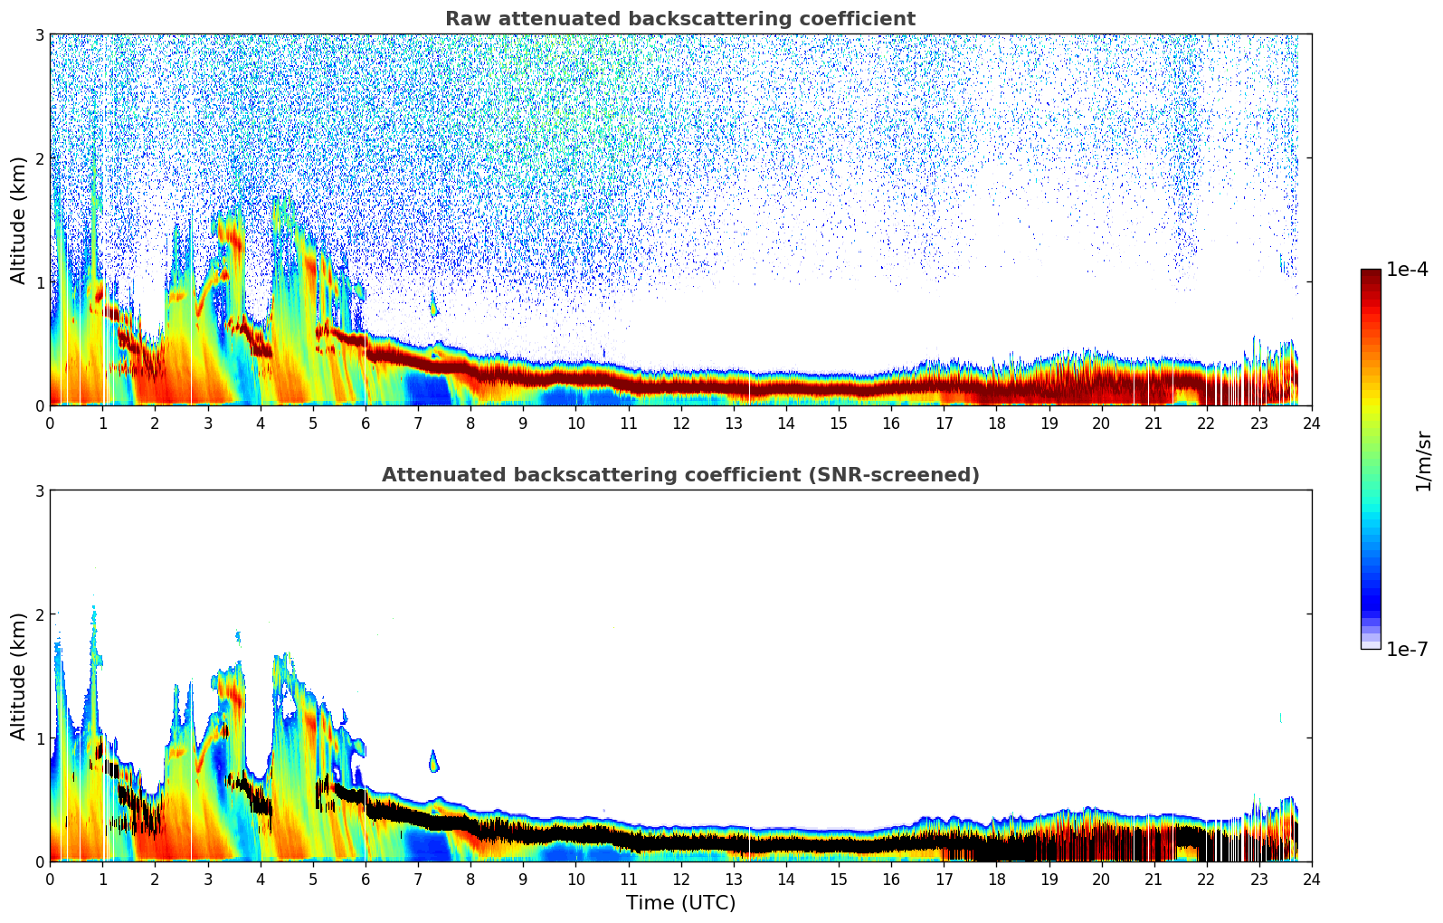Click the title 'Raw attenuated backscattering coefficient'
679,19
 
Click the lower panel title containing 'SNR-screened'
679,475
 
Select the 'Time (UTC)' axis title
680,903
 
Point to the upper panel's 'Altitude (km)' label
19,220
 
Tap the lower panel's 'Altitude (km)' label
19,676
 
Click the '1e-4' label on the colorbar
1407,270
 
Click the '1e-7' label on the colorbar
1407,649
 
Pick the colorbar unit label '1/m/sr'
1423,461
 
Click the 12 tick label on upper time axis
680,423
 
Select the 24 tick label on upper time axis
1311,423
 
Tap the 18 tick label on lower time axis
996,880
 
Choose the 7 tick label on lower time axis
417,880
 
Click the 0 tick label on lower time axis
50,880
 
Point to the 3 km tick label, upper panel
39,34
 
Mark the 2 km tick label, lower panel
39,614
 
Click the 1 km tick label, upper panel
39,282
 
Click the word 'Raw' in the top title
464,19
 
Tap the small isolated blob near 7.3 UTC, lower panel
433,762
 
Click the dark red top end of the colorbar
1370,273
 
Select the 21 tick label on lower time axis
1153,880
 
